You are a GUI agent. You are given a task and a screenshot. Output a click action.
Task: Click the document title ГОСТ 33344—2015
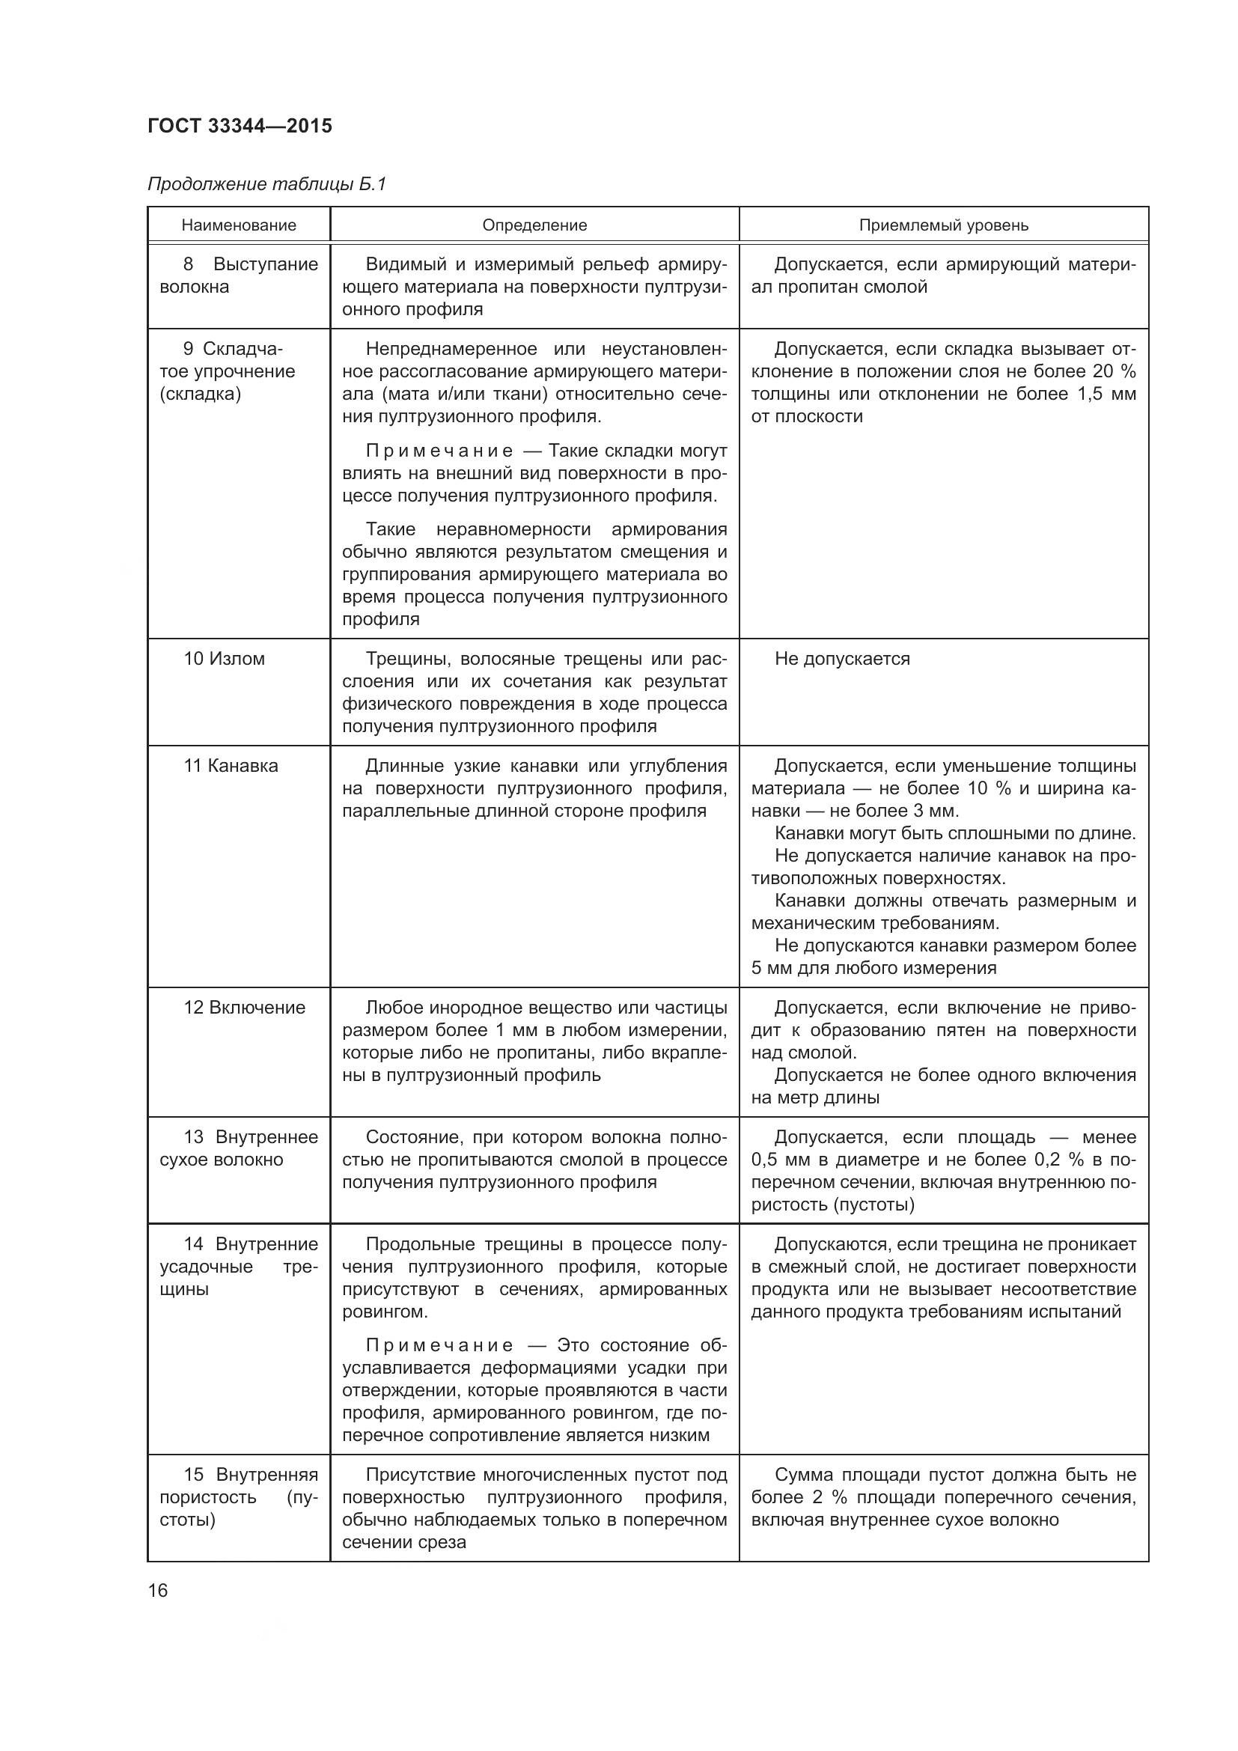240,126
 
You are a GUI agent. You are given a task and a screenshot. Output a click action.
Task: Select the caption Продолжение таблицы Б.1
266,185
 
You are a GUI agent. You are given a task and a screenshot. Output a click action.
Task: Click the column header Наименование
239,225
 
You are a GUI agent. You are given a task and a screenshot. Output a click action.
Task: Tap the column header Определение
534,225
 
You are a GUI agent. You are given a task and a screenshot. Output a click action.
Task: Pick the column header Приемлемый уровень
943,225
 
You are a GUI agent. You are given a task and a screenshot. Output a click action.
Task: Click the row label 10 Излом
224,659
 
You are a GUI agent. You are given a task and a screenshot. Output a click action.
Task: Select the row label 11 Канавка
231,766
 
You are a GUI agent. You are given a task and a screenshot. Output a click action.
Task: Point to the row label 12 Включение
244,1008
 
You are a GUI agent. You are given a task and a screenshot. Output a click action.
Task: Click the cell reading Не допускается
841,659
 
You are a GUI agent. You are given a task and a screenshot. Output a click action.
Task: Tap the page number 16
158,1591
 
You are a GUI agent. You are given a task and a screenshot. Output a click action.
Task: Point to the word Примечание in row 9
439,451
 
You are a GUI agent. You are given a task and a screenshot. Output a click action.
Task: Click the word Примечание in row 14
439,1345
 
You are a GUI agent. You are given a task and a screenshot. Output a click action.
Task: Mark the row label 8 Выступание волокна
239,275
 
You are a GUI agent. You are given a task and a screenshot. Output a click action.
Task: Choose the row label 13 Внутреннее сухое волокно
239,1148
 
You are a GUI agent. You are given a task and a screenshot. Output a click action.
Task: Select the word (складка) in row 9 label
200,395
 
